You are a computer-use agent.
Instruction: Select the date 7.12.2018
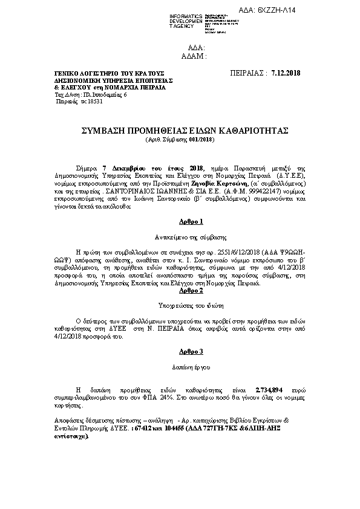(x=286, y=73)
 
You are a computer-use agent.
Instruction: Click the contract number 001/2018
(x=200, y=140)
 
